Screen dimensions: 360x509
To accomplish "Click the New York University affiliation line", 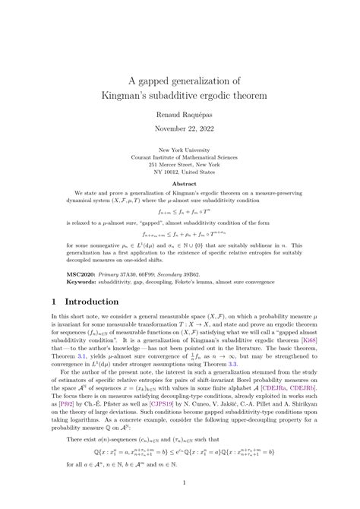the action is pyautogui.click(x=180, y=150).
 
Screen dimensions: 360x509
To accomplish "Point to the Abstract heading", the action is pyautogui.click(x=180, y=183).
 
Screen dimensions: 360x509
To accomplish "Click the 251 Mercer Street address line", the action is pyautogui.click(x=180, y=163).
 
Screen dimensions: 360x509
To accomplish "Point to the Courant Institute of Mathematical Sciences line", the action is pyautogui.click(x=180, y=156).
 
